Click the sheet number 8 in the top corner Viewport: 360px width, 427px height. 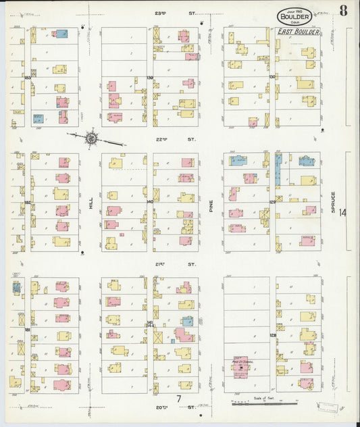(x=344, y=10)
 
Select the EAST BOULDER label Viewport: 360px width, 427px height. (x=298, y=31)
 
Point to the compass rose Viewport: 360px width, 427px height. (x=93, y=139)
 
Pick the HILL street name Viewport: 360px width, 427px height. (x=89, y=202)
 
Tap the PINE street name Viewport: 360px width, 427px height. (x=211, y=202)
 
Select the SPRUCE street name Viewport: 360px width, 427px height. (x=333, y=202)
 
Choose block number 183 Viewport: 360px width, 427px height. (x=27, y=78)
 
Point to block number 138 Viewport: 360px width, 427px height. (x=149, y=77)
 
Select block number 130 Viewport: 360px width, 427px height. (x=272, y=76)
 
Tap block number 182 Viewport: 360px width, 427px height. (x=27, y=202)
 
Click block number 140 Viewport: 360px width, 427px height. (x=149, y=201)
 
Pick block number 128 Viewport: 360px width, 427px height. (x=273, y=334)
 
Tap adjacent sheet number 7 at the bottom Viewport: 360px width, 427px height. (x=179, y=399)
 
